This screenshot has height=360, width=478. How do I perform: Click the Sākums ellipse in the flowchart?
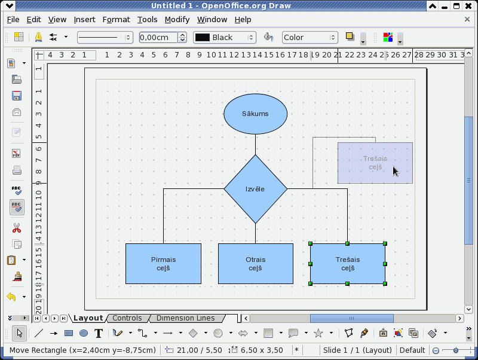pos(256,114)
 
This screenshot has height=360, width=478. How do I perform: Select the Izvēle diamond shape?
pos(256,189)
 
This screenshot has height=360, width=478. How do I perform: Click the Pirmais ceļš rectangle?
pos(163,264)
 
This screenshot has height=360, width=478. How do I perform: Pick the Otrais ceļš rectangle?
pos(256,264)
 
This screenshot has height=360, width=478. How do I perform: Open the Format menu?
pos(116,20)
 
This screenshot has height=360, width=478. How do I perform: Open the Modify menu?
pos(177,20)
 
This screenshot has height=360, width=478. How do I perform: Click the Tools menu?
pos(147,20)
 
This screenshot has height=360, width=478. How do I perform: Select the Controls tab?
pos(127,318)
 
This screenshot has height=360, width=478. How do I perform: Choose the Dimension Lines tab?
pos(185,318)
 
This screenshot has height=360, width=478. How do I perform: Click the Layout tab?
pos(88,318)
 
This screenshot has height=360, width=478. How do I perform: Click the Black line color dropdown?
pos(225,38)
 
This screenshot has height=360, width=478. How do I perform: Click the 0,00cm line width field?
pos(158,38)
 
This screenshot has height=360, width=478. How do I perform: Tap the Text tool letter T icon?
pos(99,334)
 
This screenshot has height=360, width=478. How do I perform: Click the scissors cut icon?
pos(17,228)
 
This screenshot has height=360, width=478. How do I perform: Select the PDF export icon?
pos(17,154)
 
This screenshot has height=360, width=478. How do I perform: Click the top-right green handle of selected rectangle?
pos(385,243)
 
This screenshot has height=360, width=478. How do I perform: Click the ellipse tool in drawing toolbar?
pos(84,333)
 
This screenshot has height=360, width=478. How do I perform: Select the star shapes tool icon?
pos(318,333)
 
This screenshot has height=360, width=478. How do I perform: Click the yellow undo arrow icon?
pos(11,297)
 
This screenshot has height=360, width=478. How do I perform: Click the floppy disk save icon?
pos(17,96)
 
